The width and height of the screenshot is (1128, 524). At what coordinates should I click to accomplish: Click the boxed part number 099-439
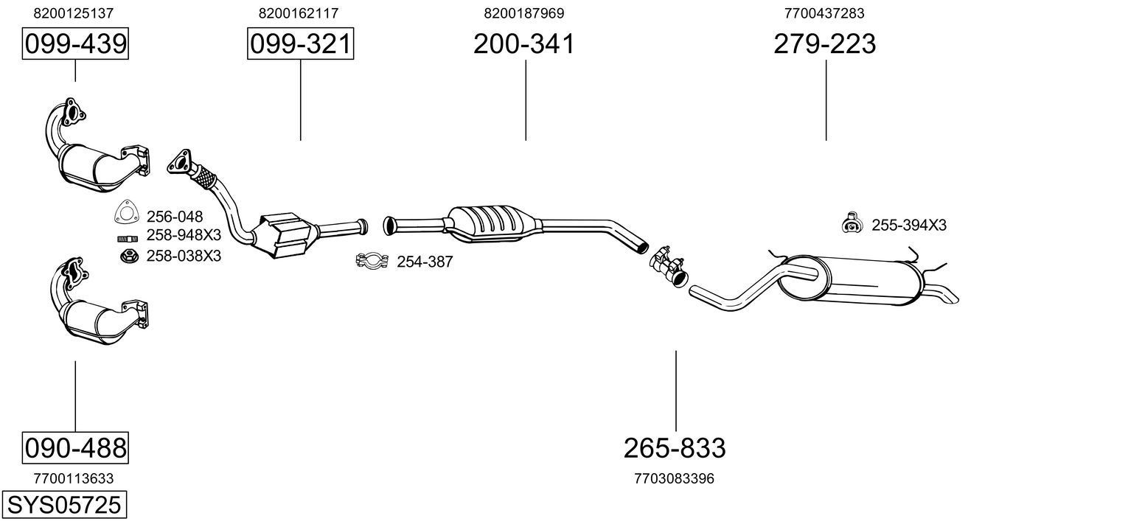(x=75, y=45)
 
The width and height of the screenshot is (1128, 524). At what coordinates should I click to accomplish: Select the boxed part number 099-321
(x=300, y=45)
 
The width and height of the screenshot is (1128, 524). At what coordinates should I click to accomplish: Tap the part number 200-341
(x=523, y=44)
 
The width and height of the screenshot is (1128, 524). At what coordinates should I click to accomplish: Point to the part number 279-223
(x=824, y=44)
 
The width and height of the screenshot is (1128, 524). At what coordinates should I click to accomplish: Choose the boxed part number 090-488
(x=75, y=447)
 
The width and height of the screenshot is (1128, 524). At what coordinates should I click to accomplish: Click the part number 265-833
(x=675, y=447)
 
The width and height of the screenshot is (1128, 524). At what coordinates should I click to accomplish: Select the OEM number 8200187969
(x=524, y=13)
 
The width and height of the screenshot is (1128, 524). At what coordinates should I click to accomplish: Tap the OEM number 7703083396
(x=674, y=478)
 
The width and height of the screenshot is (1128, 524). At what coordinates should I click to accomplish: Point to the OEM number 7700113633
(x=74, y=478)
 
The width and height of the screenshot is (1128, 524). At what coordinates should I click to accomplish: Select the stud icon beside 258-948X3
(x=127, y=238)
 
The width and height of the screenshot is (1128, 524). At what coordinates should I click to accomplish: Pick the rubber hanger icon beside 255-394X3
(x=852, y=223)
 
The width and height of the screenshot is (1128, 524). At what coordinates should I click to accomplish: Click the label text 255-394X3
(x=908, y=226)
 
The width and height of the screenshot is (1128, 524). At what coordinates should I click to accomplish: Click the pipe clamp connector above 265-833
(x=667, y=263)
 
